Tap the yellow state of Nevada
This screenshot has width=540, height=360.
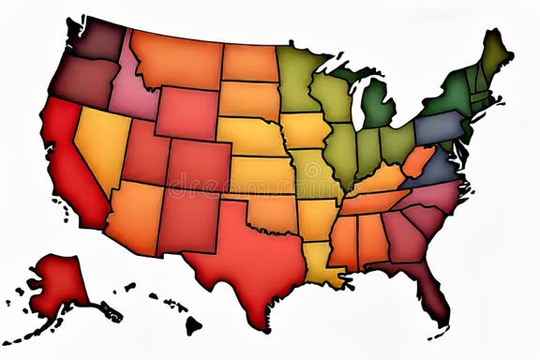point(101,141)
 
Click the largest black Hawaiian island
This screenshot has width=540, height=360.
point(192,325)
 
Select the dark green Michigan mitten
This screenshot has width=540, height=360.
point(378,105)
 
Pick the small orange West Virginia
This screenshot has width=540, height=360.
point(418,159)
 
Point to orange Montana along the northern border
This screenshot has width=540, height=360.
point(176,58)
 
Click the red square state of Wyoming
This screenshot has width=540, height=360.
point(187,112)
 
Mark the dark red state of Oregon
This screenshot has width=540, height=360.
point(84,80)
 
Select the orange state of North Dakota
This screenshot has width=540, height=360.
point(250,63)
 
